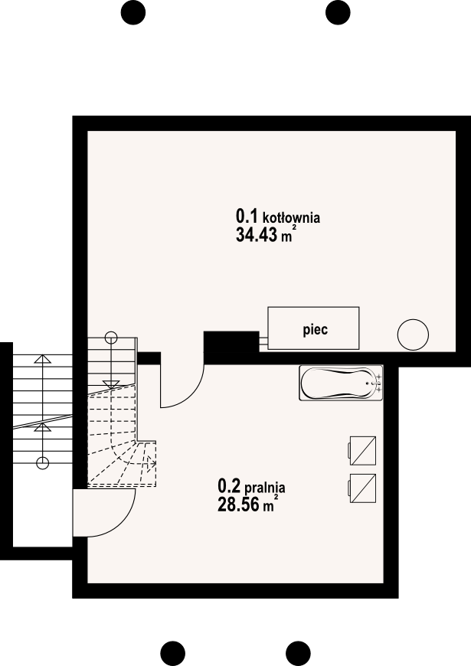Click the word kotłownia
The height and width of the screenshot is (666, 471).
(x=292, y=218)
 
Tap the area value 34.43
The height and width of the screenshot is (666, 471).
(x=257, y=234)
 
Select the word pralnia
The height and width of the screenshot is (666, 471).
(x=265, y=488)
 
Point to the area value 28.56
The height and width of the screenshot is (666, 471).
(x=238, y=504)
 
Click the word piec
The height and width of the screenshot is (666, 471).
(x=315, y=330)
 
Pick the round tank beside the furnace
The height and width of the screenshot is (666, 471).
(x=413, y=335)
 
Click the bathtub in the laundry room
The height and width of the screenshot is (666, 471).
(x=342, y=383)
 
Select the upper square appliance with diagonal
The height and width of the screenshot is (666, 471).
(x=362, y=451)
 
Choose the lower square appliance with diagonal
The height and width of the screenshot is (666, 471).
(x=362, y=488)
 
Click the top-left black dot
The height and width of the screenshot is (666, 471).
(x=133, y=13)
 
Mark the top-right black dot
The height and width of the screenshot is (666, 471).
(x=338, y=13)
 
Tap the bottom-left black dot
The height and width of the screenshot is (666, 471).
(x=173, y=653)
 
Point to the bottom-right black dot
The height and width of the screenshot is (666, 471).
(x=298, y=653)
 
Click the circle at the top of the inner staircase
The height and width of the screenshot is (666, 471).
(x=111, y=338)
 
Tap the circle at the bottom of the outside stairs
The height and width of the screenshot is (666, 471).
(x=42, y=462)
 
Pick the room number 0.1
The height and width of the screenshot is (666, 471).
(x=247, y=217)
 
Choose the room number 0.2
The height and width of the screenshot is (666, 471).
(x=229, y=485)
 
